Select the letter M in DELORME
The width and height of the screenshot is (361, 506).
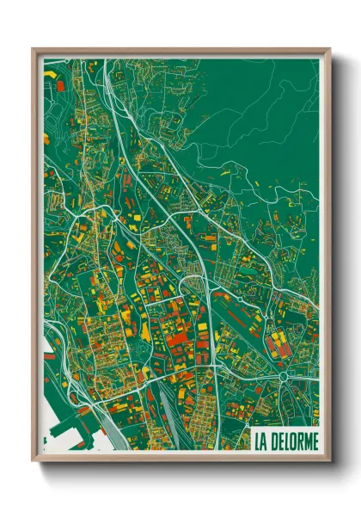[x=307, y=441]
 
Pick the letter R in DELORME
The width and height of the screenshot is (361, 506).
[x=300, y=441]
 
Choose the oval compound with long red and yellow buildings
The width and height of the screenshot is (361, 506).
[x=278, y=342]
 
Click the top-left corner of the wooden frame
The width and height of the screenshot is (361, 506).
[x=34, y=49]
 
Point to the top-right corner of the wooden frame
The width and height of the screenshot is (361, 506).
[x=330, y=49]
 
